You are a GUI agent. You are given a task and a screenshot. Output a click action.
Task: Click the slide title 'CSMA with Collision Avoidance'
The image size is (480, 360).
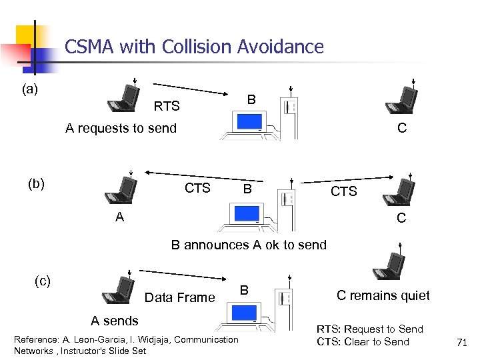[x=194, y=47]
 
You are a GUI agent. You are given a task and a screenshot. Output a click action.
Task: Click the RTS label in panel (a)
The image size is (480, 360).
[x=167, y=106]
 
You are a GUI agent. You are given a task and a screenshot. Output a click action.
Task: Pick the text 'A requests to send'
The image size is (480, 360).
[x=121, y=128]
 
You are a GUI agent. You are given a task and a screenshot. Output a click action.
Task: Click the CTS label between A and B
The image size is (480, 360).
[x=197, y=189]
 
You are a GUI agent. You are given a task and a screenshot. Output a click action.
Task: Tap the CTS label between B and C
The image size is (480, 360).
[x=344, y=192]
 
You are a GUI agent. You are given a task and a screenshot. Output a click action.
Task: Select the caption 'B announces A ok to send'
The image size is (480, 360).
[x=249, y=245]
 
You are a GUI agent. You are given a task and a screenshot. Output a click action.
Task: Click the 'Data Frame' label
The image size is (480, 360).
[x=179, y=297]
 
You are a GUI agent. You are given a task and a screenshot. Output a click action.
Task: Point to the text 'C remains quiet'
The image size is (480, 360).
[x=383, y=295]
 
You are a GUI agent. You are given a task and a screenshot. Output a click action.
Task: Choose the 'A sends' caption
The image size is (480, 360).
[x=115, y=321]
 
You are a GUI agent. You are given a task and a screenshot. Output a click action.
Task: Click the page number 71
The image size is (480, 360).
[x=461, y=343]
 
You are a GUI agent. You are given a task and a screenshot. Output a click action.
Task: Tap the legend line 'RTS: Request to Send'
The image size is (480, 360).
[x=369, y=329]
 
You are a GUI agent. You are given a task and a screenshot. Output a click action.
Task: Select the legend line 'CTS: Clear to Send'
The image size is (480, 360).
[x=363, y=342]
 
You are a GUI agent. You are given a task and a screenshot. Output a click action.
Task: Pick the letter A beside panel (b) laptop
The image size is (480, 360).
[x=119, y=217]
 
